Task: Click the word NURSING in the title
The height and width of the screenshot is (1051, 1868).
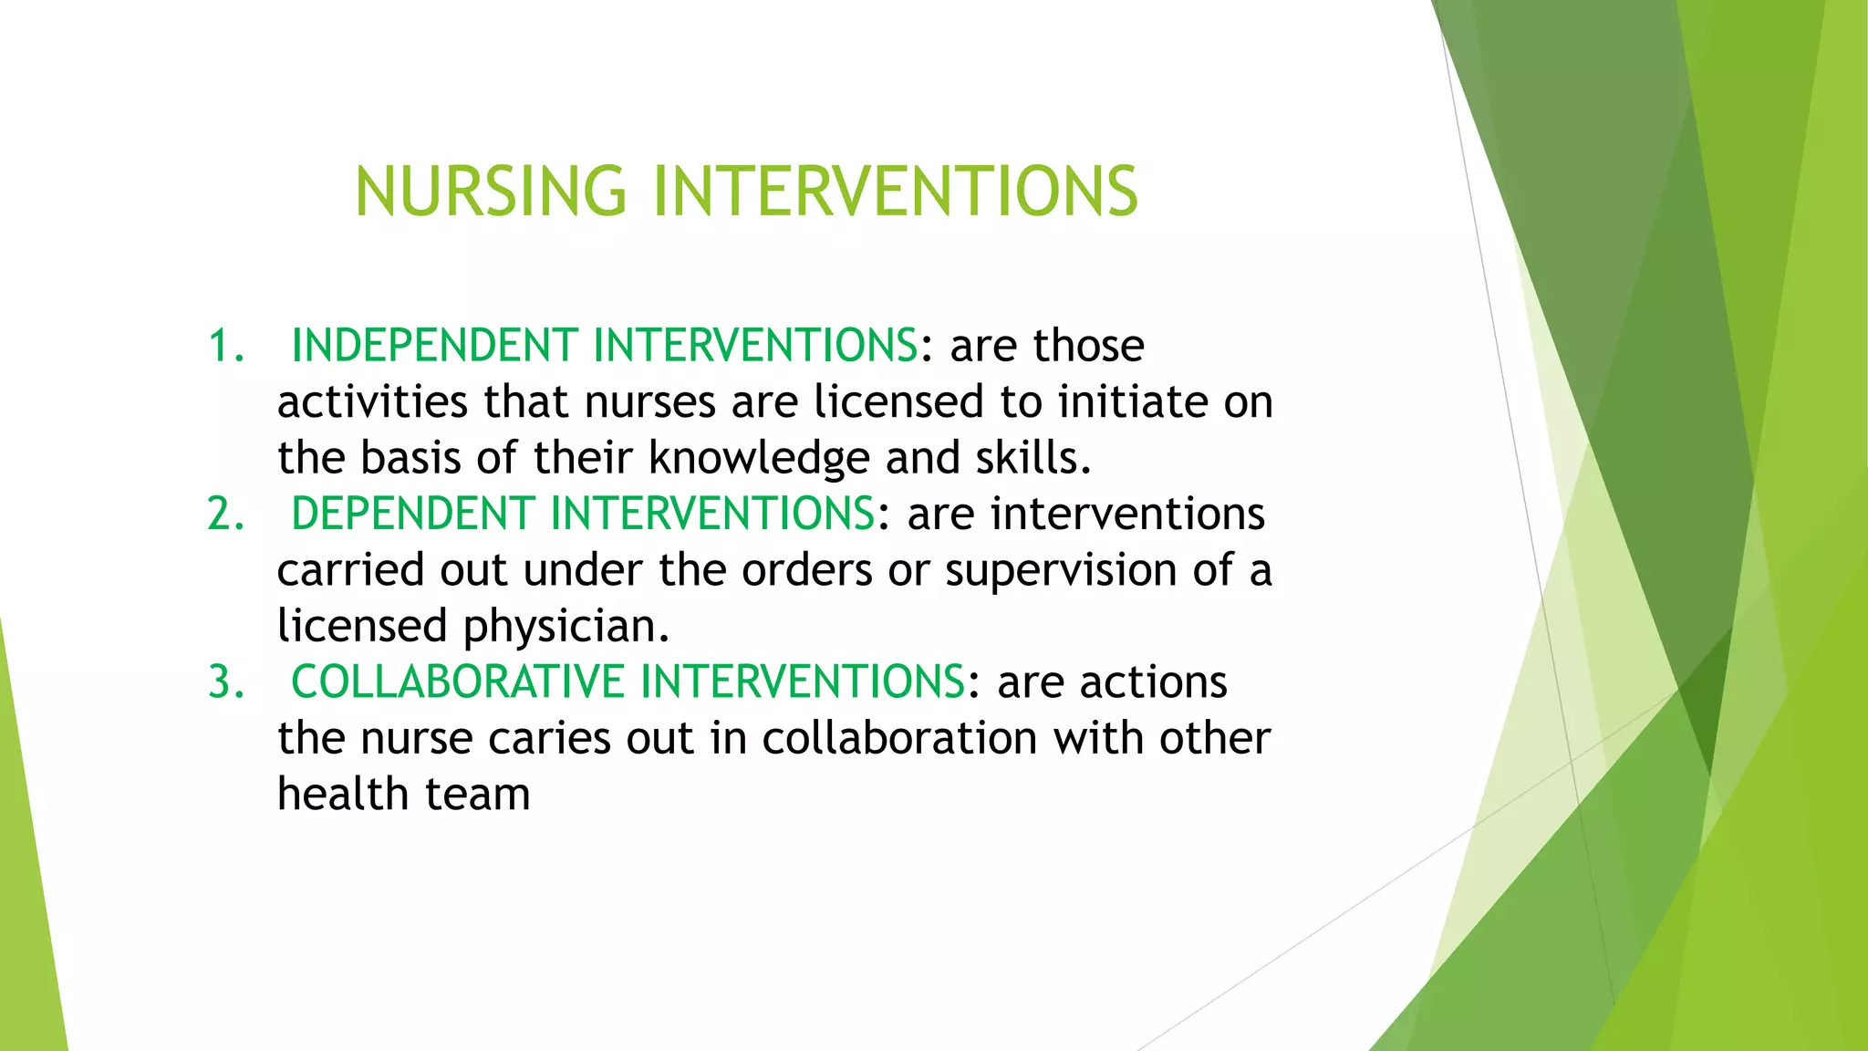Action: click(491, 192)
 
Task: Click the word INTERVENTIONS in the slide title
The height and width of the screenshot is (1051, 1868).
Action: click(896, 192)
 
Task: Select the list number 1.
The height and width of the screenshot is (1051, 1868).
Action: click(225, 347)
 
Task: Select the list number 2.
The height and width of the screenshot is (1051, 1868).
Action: click(225, 515)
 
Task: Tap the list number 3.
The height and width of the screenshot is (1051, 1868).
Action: click(225, 682)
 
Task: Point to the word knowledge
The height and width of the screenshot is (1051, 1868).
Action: click(759, 459)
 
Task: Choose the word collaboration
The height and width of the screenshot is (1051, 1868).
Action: click(899, 739)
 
